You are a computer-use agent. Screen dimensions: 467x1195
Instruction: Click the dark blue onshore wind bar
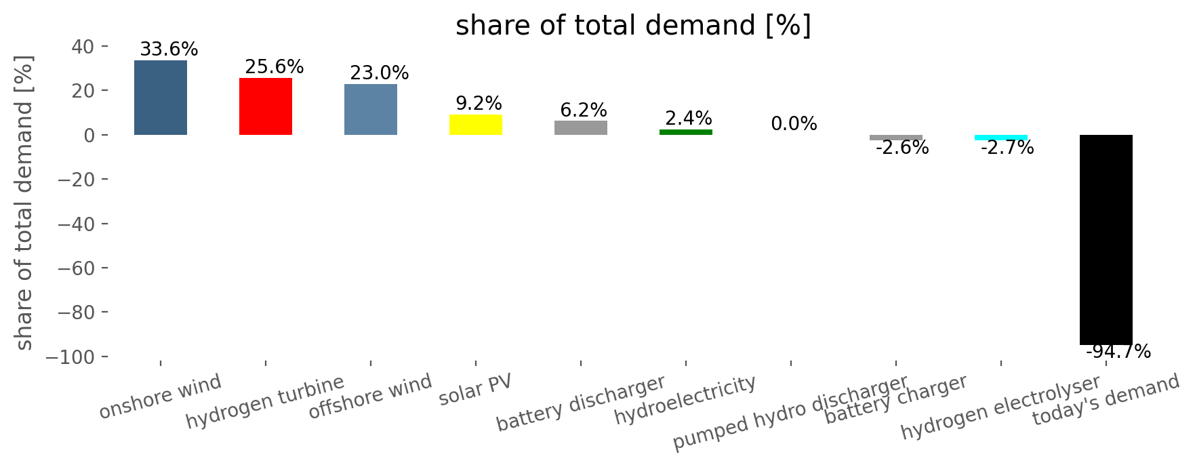161,98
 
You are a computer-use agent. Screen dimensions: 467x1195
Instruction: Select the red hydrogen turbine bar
266,106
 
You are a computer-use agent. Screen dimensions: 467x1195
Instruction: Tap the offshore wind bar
371,109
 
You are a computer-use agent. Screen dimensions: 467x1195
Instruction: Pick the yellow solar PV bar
476,125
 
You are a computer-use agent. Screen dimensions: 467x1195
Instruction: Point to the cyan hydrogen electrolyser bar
1001,138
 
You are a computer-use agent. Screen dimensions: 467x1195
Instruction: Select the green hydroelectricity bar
686,132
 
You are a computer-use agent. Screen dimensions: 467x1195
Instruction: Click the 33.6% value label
169,49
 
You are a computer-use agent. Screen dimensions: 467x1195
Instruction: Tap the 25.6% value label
275,67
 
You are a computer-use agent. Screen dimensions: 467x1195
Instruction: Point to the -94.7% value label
1118,352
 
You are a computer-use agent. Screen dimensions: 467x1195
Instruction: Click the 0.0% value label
794,124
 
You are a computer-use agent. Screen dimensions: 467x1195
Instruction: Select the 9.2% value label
479,104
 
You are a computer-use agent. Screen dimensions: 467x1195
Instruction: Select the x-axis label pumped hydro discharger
790,413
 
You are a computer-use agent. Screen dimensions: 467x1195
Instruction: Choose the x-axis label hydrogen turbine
265,403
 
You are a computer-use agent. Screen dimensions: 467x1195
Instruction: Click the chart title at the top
633,26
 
